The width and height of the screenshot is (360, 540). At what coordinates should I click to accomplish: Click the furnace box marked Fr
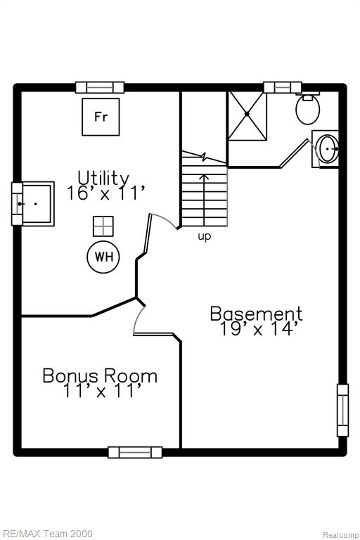101,117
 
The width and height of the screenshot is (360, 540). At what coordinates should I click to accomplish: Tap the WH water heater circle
103,257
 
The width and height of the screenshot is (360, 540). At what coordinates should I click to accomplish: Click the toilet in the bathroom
308,108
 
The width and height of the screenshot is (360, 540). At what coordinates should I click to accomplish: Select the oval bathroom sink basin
326,149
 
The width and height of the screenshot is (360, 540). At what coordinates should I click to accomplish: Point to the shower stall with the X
247,115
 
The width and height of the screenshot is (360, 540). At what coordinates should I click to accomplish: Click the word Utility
103,178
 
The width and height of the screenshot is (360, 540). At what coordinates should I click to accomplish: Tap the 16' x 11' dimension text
105,193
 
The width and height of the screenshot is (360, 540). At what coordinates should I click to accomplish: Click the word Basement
257,314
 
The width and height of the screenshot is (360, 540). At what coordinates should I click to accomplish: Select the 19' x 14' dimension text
257,329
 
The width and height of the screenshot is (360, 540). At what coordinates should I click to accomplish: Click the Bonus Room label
100,375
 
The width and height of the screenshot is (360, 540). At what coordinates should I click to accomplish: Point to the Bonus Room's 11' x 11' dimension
103,391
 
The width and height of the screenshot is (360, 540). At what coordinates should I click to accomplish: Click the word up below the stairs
205,237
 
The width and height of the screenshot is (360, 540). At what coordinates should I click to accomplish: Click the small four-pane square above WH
103,226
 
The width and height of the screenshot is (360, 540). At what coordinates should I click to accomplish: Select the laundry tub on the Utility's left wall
33,204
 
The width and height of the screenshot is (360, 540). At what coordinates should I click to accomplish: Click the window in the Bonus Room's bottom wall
135,452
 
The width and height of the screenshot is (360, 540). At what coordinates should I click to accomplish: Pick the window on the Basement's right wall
342,410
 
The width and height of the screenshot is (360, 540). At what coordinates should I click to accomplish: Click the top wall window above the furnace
100,87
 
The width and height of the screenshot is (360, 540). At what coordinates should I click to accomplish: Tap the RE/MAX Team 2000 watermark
46,534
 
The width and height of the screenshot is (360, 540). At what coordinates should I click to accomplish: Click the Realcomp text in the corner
341,535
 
